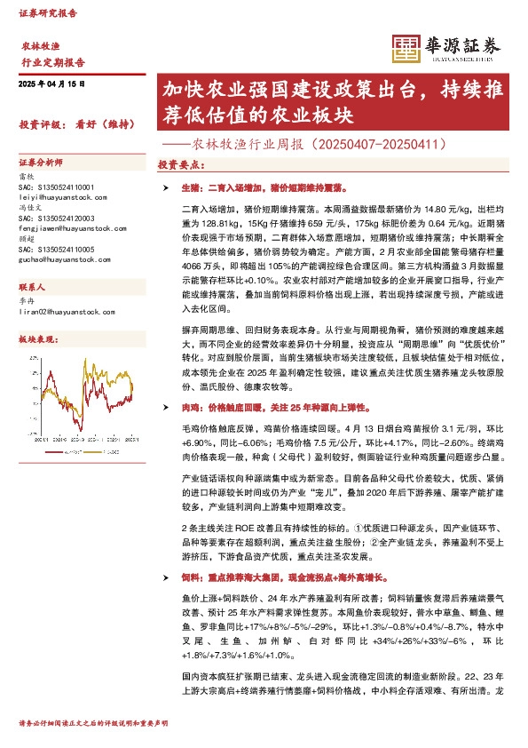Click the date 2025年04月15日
(x=51, y=84)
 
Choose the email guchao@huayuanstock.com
(x=64, y=259)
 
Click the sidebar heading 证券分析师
(x=41, y=163)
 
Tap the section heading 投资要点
(x=178, y=165)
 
